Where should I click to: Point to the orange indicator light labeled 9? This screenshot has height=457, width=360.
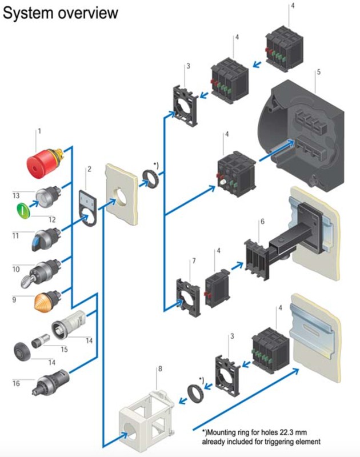[47, 300]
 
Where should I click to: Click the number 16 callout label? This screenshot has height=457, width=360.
[17, 383]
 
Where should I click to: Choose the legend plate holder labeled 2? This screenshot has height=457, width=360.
[88, 207]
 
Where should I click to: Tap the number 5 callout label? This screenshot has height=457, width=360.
[319, 72]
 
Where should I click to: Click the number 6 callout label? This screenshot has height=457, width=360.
[262, 222]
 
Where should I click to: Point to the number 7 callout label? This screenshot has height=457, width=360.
[194, 261]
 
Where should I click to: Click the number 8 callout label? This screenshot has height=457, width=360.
[160, 369]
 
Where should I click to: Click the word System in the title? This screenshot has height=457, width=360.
[28, 13]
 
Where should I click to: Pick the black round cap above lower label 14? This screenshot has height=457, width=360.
[22, 351]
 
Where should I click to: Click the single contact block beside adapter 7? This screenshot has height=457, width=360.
[217, 288]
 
